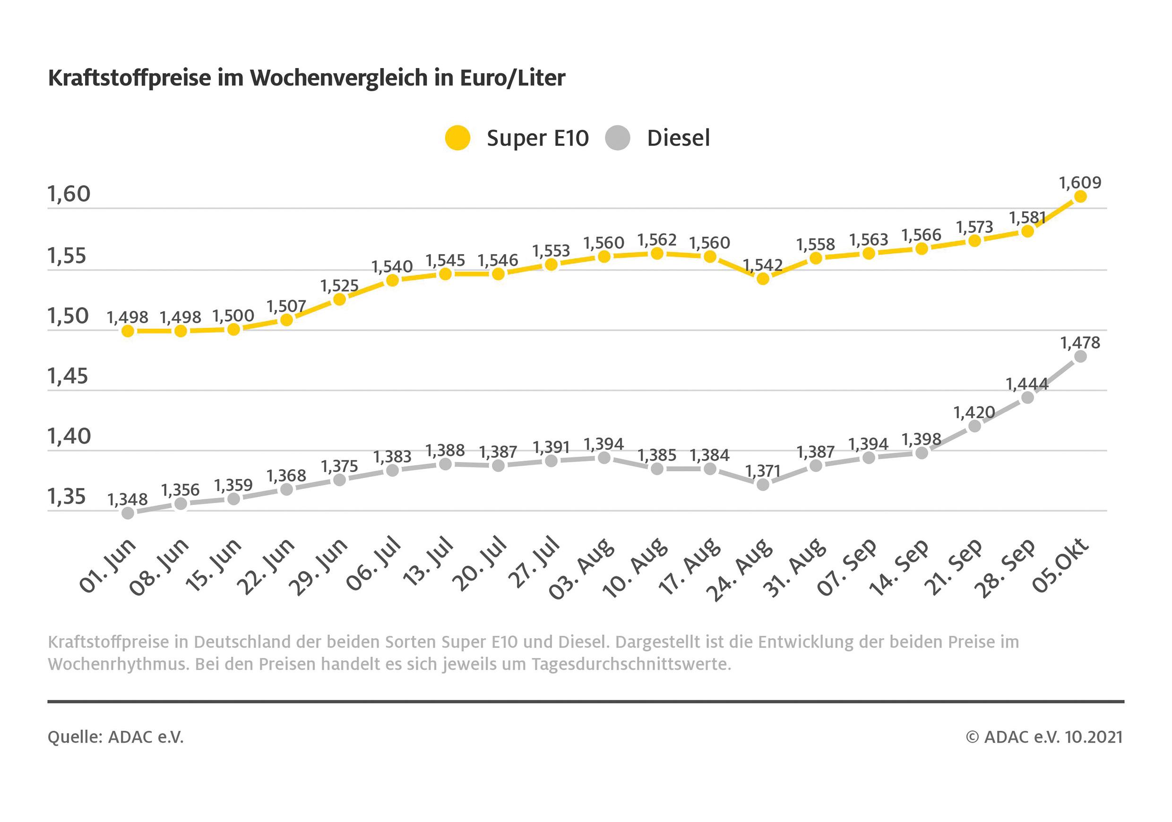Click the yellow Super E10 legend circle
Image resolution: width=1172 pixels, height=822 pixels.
pos(457,138)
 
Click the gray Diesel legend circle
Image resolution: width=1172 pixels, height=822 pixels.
pos(618,138)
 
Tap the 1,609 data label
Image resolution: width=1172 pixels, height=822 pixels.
pos(1080,183)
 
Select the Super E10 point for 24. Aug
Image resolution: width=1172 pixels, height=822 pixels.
pos(763,279)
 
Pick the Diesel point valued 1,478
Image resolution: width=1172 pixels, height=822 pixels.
pos(1080,357)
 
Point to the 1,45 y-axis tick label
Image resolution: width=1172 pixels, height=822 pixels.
pos(68,377)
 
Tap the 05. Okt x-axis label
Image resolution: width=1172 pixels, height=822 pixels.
pos(1061,566)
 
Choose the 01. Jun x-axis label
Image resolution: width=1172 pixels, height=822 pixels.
pos(108,566)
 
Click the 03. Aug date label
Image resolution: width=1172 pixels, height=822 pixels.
pos(582,569)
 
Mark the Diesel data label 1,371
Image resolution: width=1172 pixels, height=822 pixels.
pos(763,471)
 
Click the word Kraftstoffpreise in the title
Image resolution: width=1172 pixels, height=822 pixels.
pos(129,78)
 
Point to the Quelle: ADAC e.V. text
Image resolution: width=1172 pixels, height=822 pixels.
pos(115,737)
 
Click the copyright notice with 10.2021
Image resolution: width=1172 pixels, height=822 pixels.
pos(1044,737)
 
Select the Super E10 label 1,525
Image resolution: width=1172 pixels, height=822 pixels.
pos(339,286)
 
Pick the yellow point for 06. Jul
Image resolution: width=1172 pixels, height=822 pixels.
pos(393,280)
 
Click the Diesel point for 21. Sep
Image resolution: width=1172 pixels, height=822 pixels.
pos(974,426)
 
